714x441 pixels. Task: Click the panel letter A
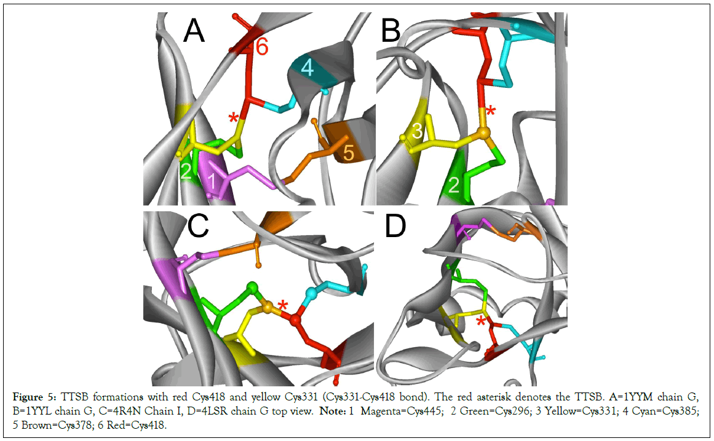coord(194,31)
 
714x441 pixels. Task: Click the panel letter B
coord(391,31)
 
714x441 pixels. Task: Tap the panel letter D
coord(395,227)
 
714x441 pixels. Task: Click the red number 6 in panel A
coord(262,47)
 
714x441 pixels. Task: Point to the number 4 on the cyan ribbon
coord(307,68)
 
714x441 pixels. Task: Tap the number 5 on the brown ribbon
coord(348,153)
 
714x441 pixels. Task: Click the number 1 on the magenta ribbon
coord(212,181)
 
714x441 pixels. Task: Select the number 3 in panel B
coord(416,131)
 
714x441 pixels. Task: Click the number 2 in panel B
coord(453,185)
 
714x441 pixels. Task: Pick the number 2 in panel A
coord(185,171)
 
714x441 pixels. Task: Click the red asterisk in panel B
coord(490,111)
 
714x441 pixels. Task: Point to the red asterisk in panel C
coord(284,305)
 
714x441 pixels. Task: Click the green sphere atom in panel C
coord(252,287)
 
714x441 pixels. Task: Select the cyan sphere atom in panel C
coord(311,292)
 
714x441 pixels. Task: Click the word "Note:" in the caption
coord(333,411)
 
